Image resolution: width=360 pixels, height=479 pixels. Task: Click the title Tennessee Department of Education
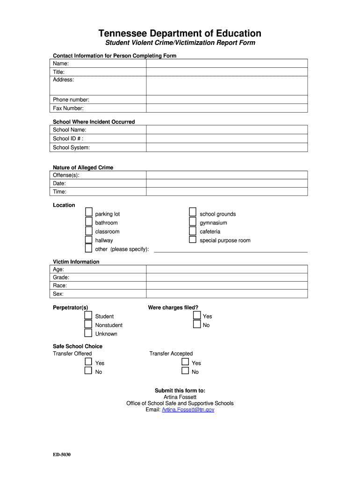(x=180, y=33)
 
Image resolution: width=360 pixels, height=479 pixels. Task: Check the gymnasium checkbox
(x=192, y=222)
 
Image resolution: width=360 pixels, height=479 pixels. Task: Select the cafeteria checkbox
(x=192, y=231)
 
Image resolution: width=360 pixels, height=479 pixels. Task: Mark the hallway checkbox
(x=88, y=239)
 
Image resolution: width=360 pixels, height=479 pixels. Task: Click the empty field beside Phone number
(x=227, y=100)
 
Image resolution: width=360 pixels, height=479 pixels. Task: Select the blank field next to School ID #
(x=227, y=138)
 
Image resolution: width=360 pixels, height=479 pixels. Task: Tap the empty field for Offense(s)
(x=227, y=175)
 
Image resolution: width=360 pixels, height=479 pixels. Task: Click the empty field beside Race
(x=227, y=285)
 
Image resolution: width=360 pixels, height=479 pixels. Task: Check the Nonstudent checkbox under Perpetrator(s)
(x=88, y=324)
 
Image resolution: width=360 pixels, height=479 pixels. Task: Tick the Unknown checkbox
(x=88, y=333)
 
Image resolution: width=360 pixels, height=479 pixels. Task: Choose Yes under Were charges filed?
(x=197, y=315)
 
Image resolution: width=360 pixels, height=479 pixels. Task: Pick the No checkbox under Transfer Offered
(x=88, y=371)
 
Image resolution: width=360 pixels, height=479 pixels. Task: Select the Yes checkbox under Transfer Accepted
(x=185, y=362)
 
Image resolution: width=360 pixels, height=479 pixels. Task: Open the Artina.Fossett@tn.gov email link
(x=188, y=410)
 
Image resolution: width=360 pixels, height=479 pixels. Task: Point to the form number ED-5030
(x=62, y=455)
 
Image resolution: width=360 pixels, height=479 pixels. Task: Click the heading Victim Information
(x=76, y=262)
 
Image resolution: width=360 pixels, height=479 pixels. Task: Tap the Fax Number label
(x=68, y=109)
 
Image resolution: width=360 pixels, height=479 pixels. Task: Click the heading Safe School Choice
(x=78, y=346)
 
